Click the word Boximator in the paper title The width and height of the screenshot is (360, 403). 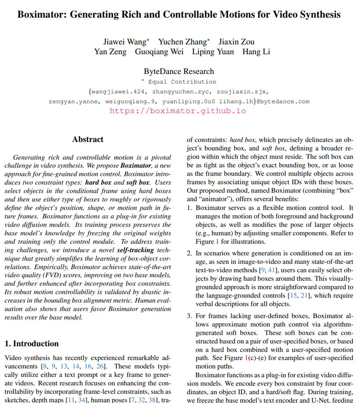[x=41, y=15]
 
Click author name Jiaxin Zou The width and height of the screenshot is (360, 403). [x=236, y=42]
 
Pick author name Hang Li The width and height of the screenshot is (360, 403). [x=256, y=52]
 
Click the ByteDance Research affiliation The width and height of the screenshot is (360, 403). [x=179, y=71]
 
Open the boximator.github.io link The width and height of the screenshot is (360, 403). [x=178, y=111]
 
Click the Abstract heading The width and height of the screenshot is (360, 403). [x=87, y=139]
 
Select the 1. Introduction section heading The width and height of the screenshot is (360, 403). [x=32, y=343]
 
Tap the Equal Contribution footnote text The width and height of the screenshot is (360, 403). [x=182, y=82]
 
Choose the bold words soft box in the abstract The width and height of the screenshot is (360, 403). [x=138, y=183]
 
